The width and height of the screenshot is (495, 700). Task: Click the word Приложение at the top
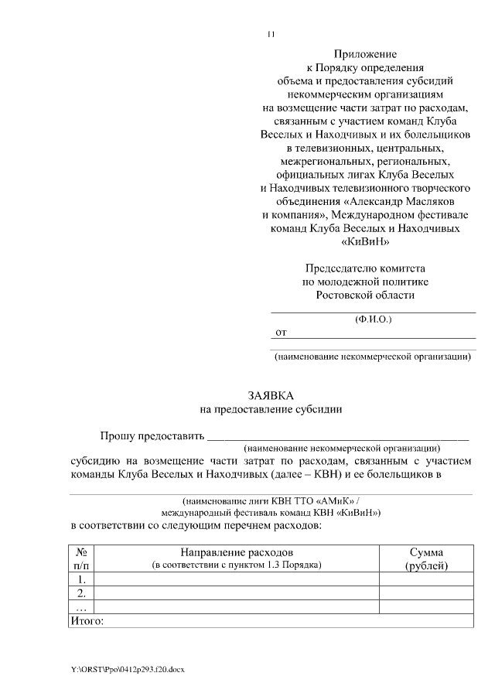click(365, 54)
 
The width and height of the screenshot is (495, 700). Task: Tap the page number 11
click(271, 33)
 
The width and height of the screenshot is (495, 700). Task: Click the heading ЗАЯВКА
click(271, 394)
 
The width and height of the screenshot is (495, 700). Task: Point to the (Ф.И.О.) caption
click(373, 318)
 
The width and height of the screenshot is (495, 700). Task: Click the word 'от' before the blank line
click(282, 332)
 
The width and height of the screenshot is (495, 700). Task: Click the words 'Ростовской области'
click(365, 295)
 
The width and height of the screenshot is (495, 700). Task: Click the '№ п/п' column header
click(81, 558)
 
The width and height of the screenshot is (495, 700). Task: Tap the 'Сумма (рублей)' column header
click(425, 558)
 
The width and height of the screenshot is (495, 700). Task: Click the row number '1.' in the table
click(81, 579)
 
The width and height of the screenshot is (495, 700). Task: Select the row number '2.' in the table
click(81, 592)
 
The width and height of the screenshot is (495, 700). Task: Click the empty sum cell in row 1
click(425, 579)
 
